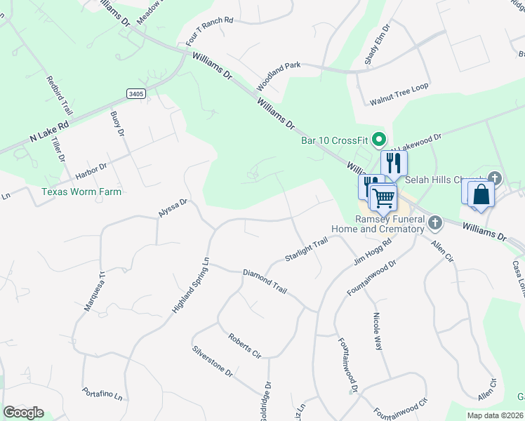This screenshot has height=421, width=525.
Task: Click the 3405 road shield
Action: click(x=137, y=93)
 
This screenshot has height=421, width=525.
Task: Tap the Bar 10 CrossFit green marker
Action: click(x=380, y=140)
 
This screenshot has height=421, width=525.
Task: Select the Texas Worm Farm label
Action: click(x=81, y=192)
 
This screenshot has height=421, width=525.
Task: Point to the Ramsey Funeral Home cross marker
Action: click(x=435, y=224)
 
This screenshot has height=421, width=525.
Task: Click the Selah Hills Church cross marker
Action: click(x=496, y=178)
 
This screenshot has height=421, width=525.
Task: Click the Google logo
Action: click(x=23, y=413)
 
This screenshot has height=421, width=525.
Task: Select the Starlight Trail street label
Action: click(x=307, y=250)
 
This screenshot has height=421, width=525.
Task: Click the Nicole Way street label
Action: click(x=381, y=332)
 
